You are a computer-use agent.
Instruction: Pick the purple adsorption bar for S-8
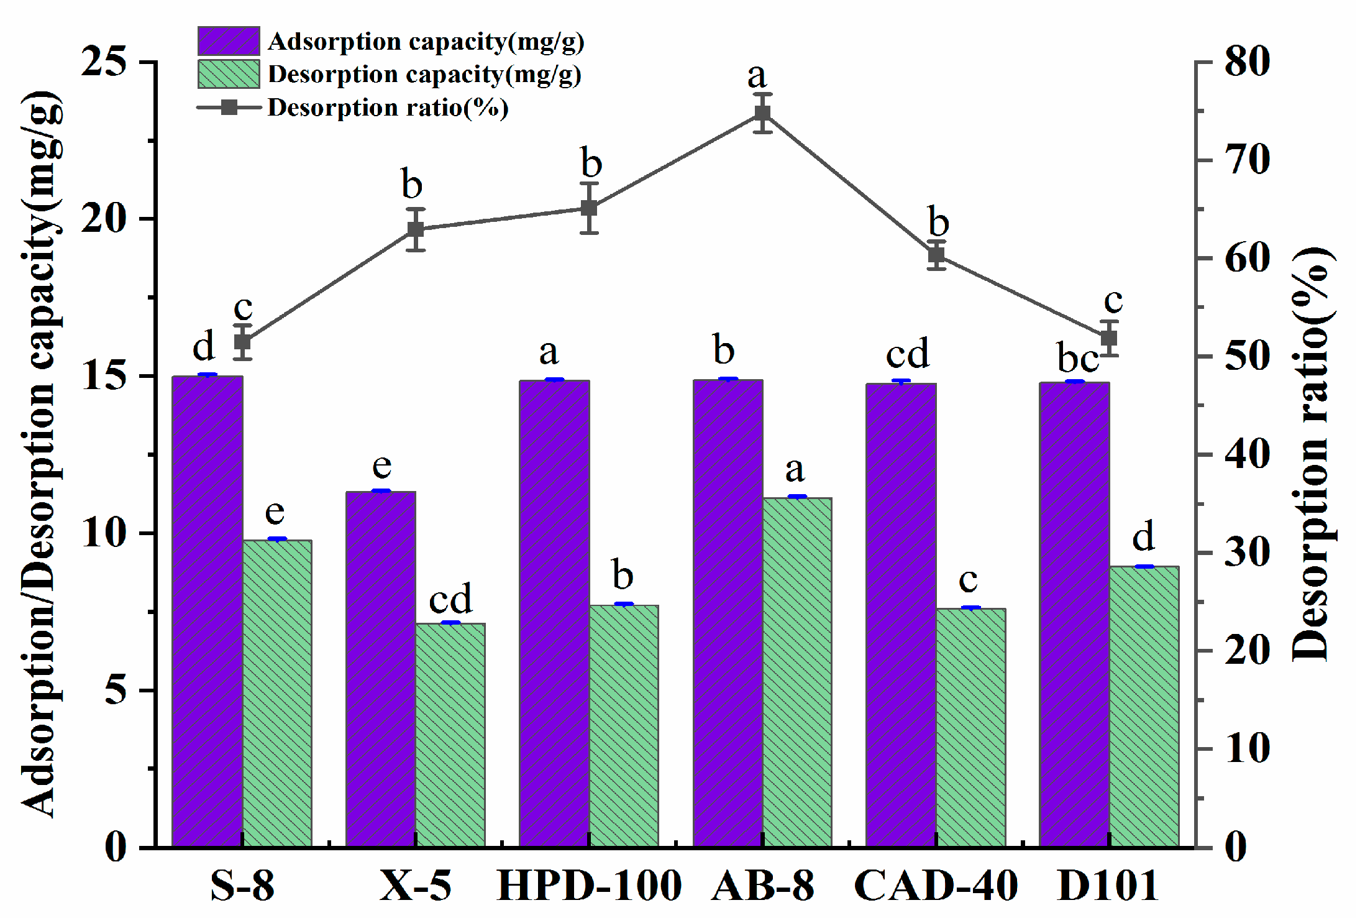pyautogui.click(x=207, y=611)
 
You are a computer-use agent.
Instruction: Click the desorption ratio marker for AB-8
pyautogui.click(x=762, y=113)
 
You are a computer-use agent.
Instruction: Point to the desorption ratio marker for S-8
pyautogui.click(x=242, y=342)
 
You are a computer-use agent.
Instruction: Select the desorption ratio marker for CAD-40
pyautogui.click(x=936, y=255)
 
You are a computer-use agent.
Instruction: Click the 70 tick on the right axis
pyautogui.click(x=1246, y=160)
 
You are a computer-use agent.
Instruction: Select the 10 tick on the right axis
pyautogui.click(x=1246, y=748)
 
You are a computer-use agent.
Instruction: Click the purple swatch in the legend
pyautogui.click(x=229, y=41)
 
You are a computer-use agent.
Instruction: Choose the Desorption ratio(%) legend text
pyautogui.click(x=388, y=108)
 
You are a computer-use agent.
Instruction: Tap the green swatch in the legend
pyautogui.click(x=229, y=74)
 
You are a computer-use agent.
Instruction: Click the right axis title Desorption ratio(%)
pyautogui.click(x=1312, y=454)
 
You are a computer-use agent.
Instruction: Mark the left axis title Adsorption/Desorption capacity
pyautogui.click(x=42, y=454)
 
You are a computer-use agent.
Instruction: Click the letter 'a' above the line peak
pyautogui.click(x=757, y=76)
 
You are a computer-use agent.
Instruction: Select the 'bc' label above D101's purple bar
pyautogui.click(x=1078, y=359)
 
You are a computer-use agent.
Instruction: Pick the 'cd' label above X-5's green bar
pyautogui.click(x=450, y=599)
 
